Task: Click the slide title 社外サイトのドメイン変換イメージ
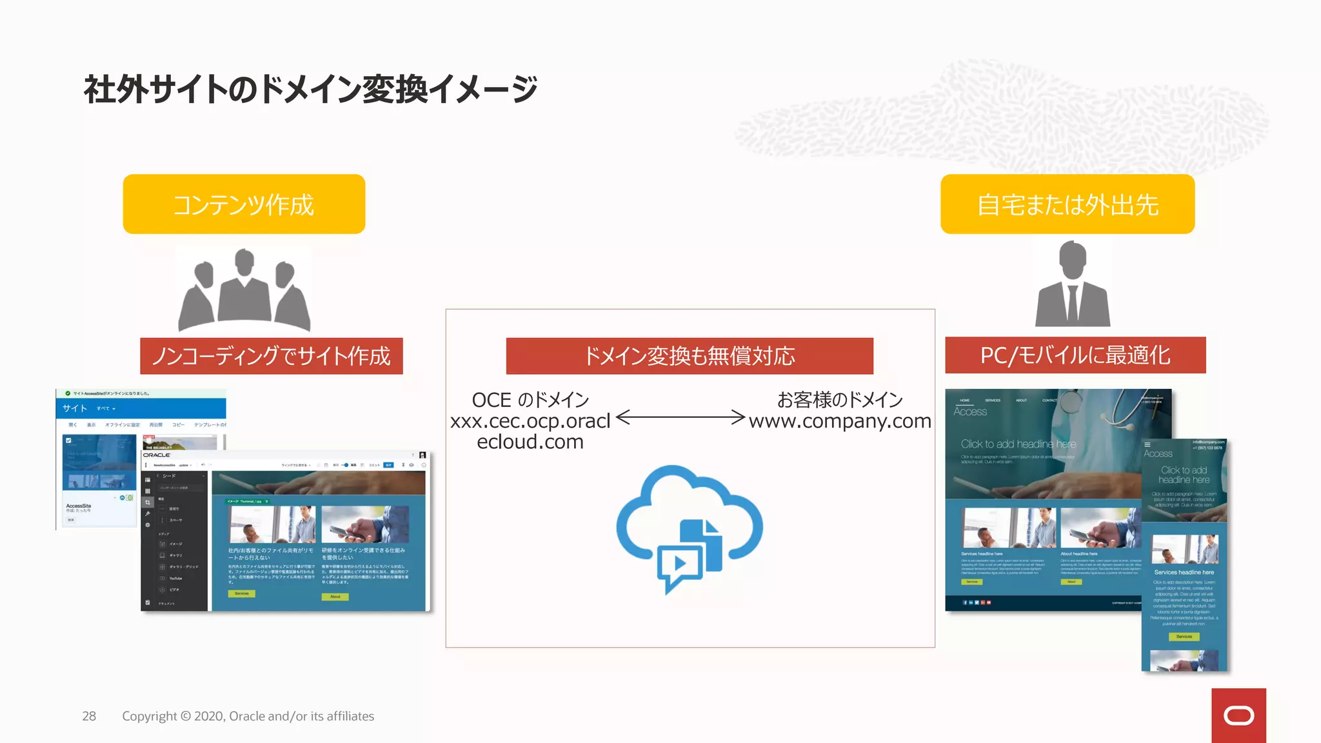(x=310, y=89)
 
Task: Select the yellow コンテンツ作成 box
(x=244, y=204)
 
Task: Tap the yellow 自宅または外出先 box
(x=1068, y=204)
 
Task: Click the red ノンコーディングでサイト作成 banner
(x=272, y=356)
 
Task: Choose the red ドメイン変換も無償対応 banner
(x=690, y=356)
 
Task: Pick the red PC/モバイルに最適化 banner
(x=1075, y=355)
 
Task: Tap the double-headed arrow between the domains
(x=680, y=417)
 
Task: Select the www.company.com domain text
(x=840, y=421)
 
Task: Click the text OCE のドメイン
(x=530, y=400)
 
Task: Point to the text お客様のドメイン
(x=840, y=400)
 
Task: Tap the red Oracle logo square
(x=1238, y=715)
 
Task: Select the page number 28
(x=89, y=716)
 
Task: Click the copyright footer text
(x=248, y=716)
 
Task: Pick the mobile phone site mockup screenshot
(x=1184, y=555)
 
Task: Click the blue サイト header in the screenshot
(x=75, y=408)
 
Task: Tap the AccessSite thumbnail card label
(x=79, y=506)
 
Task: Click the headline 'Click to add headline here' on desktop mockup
(x=1018, y=444)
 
